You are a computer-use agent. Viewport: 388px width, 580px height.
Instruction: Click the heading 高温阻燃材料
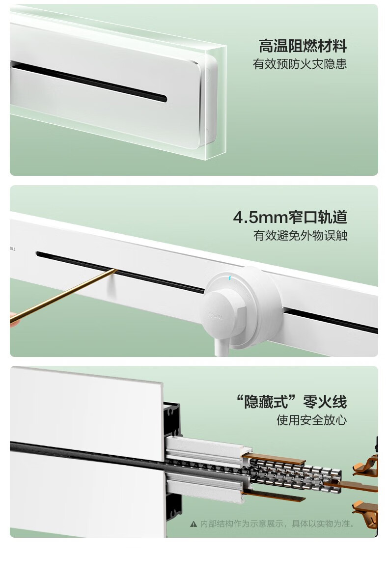303,46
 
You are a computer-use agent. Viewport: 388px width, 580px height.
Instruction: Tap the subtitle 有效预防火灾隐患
300,64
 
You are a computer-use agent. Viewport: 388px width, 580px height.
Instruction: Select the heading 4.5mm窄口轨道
290,217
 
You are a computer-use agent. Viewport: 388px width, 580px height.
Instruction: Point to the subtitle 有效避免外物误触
300,235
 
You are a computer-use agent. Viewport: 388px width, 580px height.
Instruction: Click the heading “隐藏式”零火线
291,402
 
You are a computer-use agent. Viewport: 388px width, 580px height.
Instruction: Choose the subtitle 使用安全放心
312,420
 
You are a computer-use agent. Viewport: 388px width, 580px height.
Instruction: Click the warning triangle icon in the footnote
194,524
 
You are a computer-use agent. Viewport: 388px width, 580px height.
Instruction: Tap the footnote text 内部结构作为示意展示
243,524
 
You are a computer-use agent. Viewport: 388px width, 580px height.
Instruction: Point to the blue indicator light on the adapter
230,278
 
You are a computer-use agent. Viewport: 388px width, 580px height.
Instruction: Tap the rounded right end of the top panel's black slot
164,99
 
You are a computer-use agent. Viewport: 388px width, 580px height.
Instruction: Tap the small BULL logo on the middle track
13,249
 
